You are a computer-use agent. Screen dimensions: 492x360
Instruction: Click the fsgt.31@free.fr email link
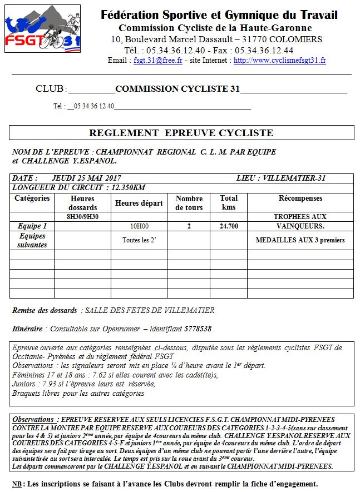(158, 60)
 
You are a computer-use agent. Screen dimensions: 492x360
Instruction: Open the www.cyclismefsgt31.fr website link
(279, 60)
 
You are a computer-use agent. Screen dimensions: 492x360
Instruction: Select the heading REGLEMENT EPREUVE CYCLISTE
(181, 133)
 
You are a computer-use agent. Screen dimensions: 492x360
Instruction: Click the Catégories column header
(32, 198)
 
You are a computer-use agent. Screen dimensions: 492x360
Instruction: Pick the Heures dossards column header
(83, 202)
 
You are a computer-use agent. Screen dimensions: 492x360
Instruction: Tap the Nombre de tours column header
(189, 202)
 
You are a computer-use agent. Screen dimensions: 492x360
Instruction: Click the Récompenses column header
(300, 198)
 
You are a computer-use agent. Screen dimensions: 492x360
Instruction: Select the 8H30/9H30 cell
(83, 216)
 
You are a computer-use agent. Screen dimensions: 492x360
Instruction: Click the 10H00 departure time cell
(140, 226)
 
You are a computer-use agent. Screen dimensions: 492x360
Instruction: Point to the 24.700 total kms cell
(229, 226)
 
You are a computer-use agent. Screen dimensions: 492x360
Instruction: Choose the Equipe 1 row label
(32, 226)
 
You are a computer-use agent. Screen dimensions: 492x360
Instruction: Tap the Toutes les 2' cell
(140, 240)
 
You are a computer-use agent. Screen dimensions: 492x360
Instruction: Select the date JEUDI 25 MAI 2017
(86, 178)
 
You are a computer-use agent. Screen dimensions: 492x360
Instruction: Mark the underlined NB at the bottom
(17, 484)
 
